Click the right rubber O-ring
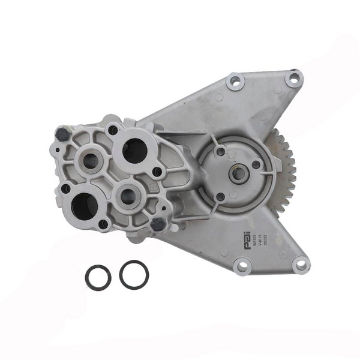point(134,274)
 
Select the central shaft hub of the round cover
point(239,174)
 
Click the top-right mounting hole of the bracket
point(293,77)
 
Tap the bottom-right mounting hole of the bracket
point(299,264)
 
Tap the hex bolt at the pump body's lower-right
point(158,224)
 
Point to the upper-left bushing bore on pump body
point(92,160)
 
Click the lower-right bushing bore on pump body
point(128,194)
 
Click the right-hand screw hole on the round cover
point(256,164)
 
